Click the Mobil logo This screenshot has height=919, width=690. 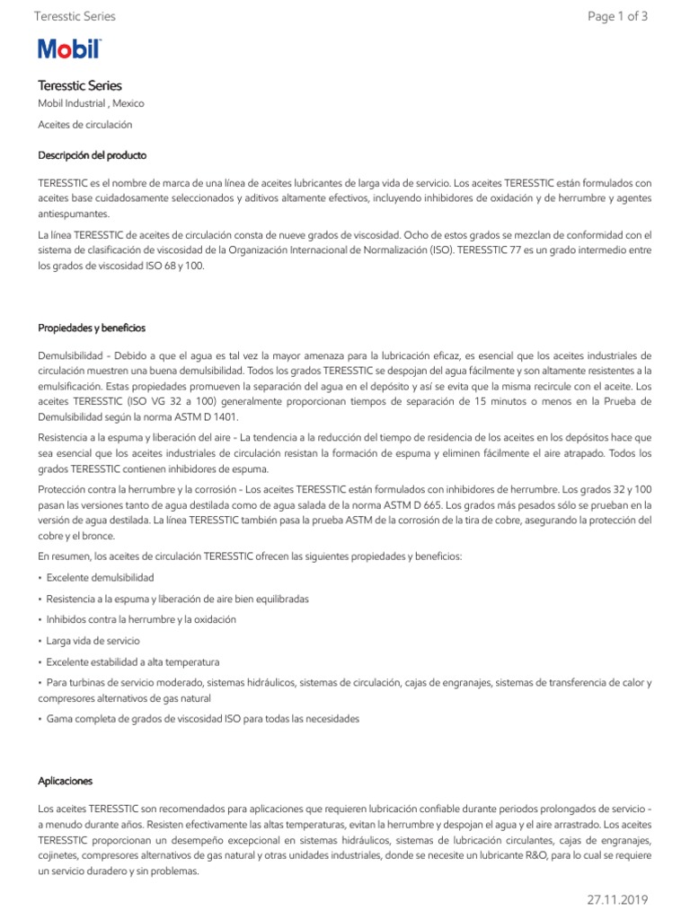69,49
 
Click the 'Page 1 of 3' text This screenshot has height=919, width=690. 617,16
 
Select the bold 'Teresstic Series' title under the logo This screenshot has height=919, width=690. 79,85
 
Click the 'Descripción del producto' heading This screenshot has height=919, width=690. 93,155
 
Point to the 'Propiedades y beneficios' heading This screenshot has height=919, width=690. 91,328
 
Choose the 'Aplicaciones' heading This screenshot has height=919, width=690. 66,781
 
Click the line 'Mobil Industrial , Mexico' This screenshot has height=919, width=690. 91,104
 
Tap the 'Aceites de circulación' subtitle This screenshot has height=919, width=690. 84,125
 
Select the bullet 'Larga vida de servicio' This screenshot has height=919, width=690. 93,641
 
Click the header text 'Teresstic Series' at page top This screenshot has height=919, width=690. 74,16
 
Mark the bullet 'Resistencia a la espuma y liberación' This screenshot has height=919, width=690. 176,599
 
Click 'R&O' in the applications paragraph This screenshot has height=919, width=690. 504,856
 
